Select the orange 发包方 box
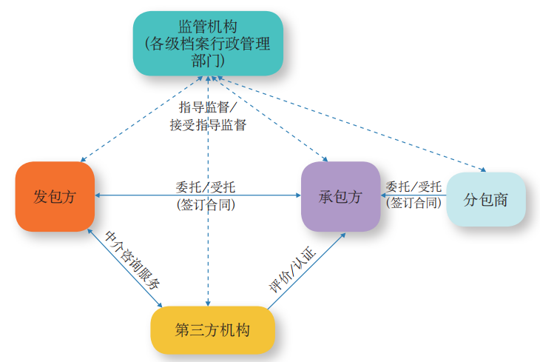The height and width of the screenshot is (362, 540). [x=55, y=197]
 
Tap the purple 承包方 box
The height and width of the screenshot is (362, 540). [x=340, y=197]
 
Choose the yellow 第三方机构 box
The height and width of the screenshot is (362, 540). [x=212, y=330]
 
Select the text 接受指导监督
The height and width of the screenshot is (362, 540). [x=208, y=124]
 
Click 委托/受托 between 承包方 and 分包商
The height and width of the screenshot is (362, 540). [x=414, y=186]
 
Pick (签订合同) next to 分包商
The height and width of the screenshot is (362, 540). [x=414, y=202]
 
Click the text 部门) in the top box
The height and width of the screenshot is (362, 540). [x=208, y=58]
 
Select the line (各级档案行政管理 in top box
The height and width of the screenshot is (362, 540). [x=208, y=42]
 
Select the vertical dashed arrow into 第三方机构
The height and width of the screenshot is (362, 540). [x=208, y=244]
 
